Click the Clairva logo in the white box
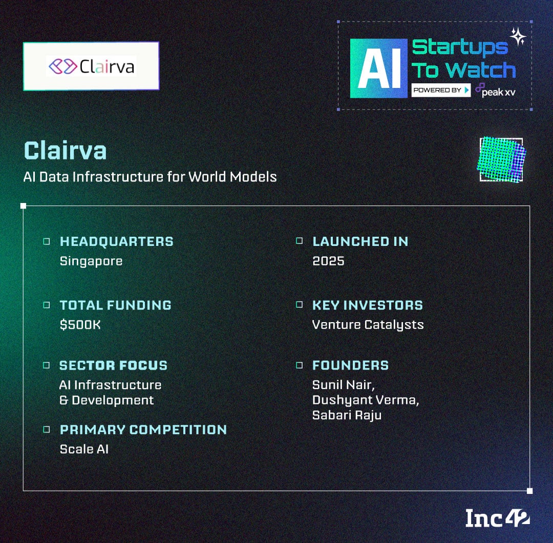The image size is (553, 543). [x=91, y=66]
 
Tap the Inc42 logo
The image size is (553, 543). [x=497, y=518]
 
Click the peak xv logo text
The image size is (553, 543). [x=495, y=90]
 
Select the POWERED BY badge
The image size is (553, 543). [x=441, y=90]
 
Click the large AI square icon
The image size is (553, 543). [x=379, y=69]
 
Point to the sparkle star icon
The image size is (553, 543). [x=518, y=37]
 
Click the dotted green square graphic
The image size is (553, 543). [x=501, y=160]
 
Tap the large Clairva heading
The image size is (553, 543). [x=65, y=151]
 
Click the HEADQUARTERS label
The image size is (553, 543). [x=117, y=241]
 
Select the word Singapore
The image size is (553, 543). [x=91, y=261]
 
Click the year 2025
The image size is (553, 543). [x=328, y=261]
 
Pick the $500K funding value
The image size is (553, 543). [x=80, y=324]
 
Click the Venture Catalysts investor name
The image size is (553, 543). [x=368, y=325]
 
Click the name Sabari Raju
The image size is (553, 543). [x=347, y=415]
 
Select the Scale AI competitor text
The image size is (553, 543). [x=84, y=449]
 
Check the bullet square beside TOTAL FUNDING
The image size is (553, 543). [x=46, y=305]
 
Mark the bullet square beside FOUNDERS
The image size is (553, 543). [x=299, y=365]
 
